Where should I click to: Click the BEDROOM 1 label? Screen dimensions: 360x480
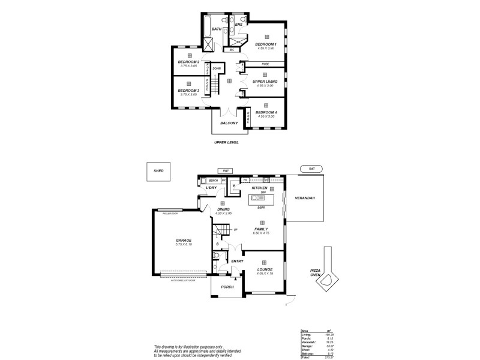tap(265, 44)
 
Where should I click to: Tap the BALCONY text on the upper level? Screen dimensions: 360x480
tap(230, 124)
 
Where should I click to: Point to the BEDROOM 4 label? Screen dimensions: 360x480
tap(265, 112)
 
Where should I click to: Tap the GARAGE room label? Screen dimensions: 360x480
tap(184, 241)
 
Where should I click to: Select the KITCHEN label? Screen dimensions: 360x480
tap(259, 188)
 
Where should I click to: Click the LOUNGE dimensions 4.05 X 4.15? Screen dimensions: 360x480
tap(265, 274)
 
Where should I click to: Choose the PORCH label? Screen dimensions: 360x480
tap(227, 287)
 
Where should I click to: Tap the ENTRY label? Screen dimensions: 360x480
tap(236, 261)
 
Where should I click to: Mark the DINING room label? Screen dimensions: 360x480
tap(223, 209)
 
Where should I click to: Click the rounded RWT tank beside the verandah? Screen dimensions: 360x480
tap(311, 169)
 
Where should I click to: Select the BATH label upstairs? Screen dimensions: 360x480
tap(217, 28)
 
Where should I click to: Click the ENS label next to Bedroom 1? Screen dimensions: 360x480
tap(238, 25)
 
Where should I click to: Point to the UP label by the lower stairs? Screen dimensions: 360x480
tap(236, 230)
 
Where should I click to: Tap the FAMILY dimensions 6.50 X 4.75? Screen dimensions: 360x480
tap(261, 233)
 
